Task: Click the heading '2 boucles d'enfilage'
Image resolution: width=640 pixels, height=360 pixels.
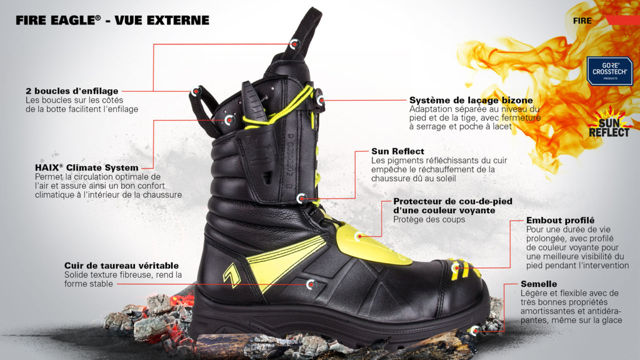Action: point(72,91)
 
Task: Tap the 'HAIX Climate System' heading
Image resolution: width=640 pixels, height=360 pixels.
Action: point(87,167)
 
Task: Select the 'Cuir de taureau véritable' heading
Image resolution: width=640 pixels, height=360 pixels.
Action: point(121,266)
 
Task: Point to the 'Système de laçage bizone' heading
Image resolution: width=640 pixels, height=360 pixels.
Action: point(471,100)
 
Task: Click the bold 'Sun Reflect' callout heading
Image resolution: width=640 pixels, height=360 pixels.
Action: point(397,151)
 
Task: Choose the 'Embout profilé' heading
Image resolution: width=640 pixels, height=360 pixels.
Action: point(560,221)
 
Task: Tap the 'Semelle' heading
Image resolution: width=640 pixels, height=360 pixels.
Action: point(538,284)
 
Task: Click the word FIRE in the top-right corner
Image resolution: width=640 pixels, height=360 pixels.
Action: point(582,21)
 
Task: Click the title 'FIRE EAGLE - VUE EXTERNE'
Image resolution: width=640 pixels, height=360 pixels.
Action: point(112,21)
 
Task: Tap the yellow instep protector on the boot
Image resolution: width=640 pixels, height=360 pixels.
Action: point(369,241)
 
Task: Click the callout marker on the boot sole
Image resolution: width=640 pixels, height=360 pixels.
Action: point(474,329)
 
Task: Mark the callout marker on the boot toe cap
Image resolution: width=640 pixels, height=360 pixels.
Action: point(455,269)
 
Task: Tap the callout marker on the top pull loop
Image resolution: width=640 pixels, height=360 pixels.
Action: point(295,44)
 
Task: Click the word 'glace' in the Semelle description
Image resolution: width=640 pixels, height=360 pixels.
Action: point(610,320)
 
